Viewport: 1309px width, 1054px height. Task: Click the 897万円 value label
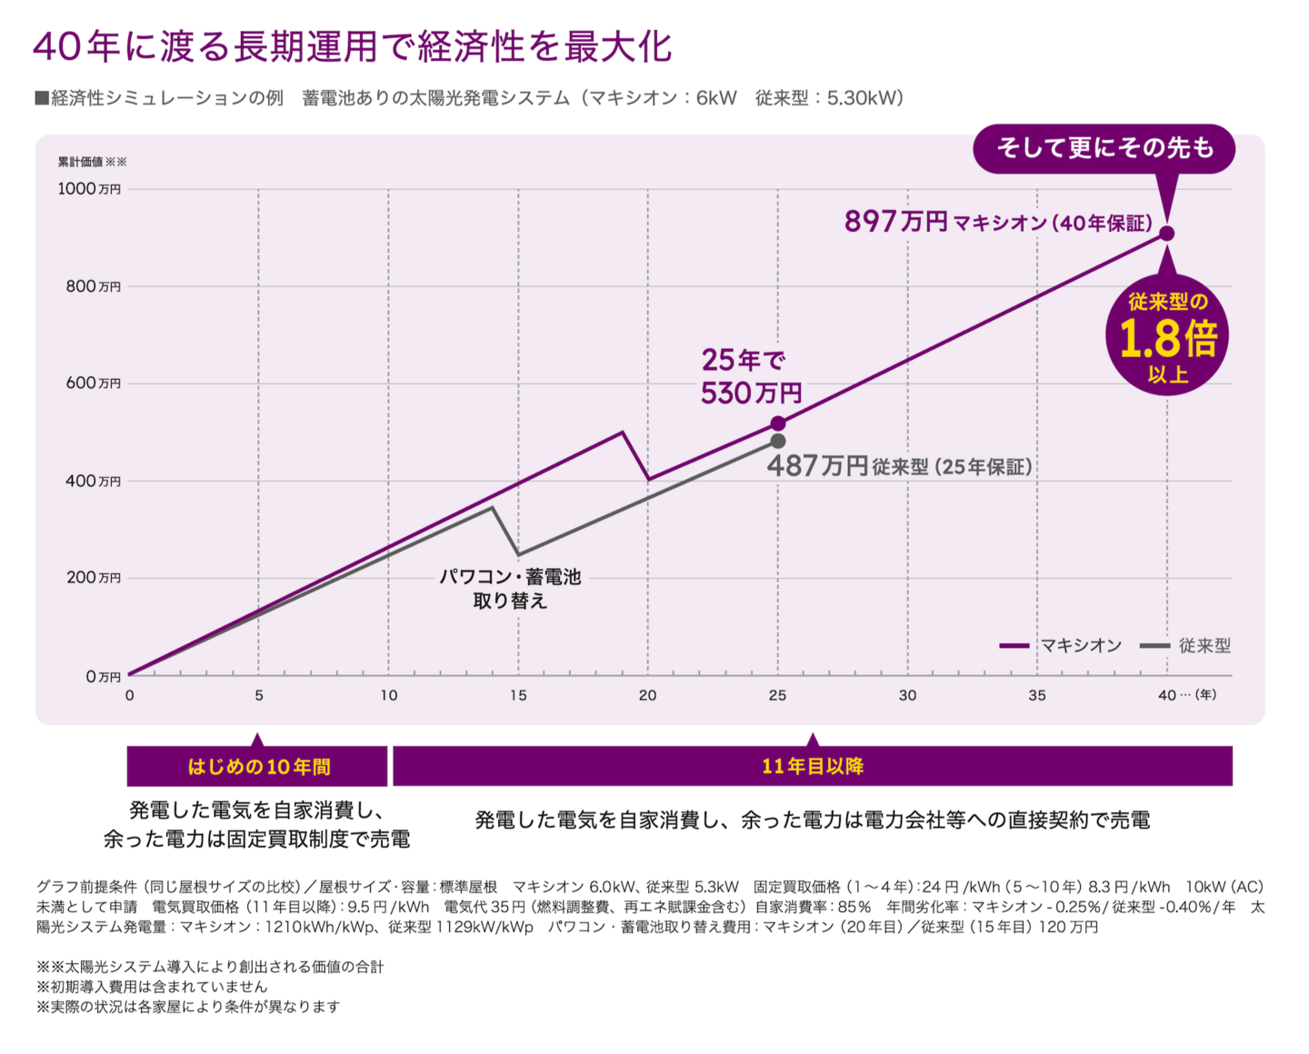tap(895, 221)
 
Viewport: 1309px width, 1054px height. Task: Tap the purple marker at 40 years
tap(1167, 234)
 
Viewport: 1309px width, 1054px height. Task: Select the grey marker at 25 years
tap(778, 441)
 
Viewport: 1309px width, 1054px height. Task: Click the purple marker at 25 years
tap(778, 423)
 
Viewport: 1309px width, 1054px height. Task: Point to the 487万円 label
tap(817, 466)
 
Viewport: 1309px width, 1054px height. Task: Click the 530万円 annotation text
tap(751, 393)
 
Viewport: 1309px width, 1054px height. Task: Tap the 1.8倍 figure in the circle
tap(1167, 339)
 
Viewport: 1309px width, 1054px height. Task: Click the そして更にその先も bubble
tap(1104, 148)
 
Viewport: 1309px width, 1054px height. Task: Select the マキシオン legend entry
tap(1061, 645)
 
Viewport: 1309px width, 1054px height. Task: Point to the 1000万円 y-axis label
tap(89, 189)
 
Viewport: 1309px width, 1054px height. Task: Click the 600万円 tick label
tap(93, 383)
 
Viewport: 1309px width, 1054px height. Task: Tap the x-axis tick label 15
tap(518, 695)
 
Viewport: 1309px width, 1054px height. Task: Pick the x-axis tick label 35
tap(1037, 695)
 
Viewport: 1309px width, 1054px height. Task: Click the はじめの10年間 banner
tap(258, 767)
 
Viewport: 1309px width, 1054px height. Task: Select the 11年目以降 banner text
tap(813, 766)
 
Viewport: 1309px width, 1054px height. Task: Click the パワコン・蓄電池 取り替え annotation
tap(510, 588)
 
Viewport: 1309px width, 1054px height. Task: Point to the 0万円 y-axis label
tap(103, 677)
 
